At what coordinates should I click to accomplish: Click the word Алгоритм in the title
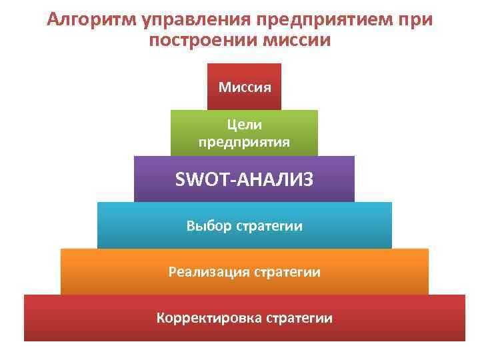pos(92,19)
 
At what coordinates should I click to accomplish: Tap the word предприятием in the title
pos(327,19)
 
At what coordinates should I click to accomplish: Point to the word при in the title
pos(415,19)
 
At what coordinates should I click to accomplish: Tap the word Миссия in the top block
pos(245,87)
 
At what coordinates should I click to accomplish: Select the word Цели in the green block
pos(245,125)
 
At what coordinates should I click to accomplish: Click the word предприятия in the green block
pos(245,141)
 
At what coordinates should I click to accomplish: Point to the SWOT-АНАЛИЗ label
pos(245,179)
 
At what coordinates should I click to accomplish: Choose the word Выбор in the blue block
pos(209,226)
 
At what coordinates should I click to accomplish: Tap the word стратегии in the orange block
pos(287,272)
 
